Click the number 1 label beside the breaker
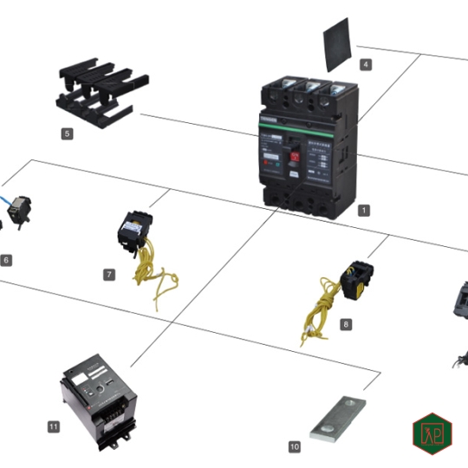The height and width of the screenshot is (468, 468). click(365, 210)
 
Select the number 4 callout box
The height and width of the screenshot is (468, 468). click(366, 64)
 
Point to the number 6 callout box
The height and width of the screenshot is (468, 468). click(6, 259)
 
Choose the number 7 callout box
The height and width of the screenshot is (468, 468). click(109, 274)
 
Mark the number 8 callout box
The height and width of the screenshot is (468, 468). click(346, 324)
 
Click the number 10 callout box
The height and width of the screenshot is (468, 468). click(295, 446)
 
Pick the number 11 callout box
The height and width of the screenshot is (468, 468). click(54, 426)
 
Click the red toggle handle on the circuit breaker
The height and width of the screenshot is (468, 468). click(294, 157)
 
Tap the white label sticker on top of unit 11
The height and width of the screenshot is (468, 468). click(81, 379)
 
